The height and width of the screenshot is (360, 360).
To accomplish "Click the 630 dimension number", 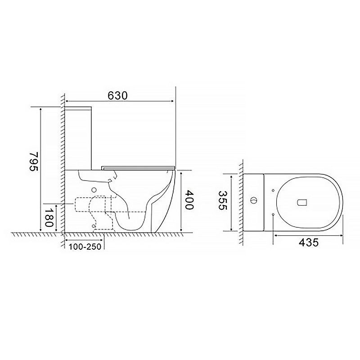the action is (117, 95).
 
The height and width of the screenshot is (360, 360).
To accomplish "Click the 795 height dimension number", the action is (34, 161).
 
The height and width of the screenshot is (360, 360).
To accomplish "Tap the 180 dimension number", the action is (49, 217).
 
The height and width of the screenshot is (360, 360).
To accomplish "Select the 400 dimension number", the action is (189, 199).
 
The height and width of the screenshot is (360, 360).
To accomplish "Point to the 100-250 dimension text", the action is (85, 247).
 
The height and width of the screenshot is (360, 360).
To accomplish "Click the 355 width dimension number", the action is (222, 200).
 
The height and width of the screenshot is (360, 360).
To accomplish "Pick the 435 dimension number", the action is (309, 242).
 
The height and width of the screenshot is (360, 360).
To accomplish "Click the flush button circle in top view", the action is (254, 200).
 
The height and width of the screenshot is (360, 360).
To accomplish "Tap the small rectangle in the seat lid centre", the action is (302, 202).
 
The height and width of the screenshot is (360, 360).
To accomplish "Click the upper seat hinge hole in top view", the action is (273, 190).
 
